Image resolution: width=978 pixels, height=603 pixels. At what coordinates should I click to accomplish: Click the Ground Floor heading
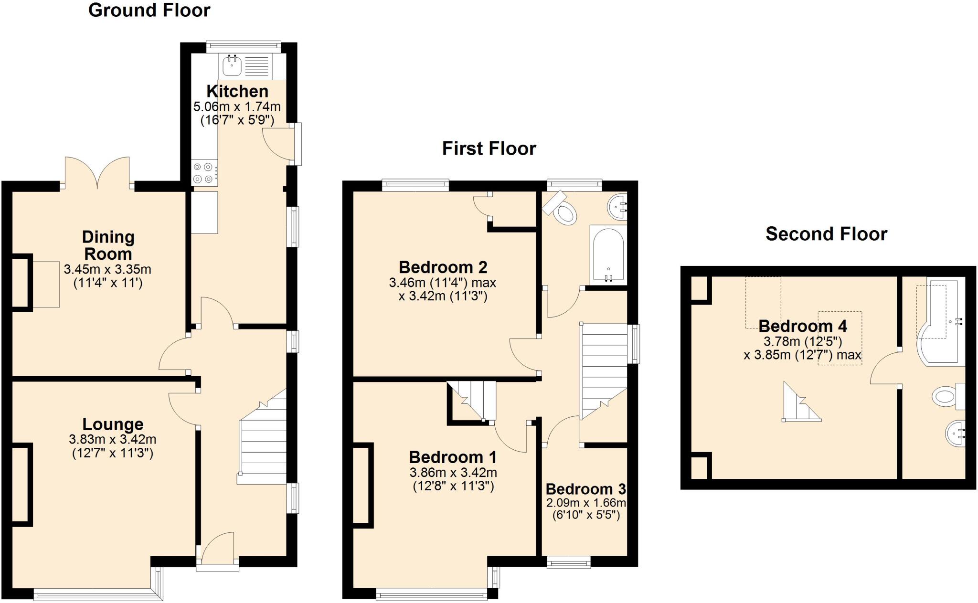(x=149, y=10)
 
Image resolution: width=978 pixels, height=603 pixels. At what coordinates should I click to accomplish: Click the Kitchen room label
(x=237, y=91)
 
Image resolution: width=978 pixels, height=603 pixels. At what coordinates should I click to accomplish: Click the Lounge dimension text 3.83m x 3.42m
(x=113, y=439)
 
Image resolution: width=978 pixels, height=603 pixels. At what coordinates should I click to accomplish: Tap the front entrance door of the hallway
(x=217, y=549)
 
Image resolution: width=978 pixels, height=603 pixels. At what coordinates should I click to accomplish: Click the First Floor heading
(x=489, y=148)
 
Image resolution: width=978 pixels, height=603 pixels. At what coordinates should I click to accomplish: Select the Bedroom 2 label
(x=443, y=267)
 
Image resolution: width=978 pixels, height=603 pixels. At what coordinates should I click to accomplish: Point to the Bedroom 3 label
(x=585, y=489)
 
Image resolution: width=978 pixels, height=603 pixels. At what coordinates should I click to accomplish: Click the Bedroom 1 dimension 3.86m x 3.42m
(x=453, y=473)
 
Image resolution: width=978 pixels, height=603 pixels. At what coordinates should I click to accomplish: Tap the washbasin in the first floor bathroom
(x=618, y=207)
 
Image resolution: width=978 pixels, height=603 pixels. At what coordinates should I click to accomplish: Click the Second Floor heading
(x=826, y=234)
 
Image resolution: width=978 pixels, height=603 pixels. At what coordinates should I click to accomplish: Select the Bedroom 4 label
(x=802, y=326)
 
